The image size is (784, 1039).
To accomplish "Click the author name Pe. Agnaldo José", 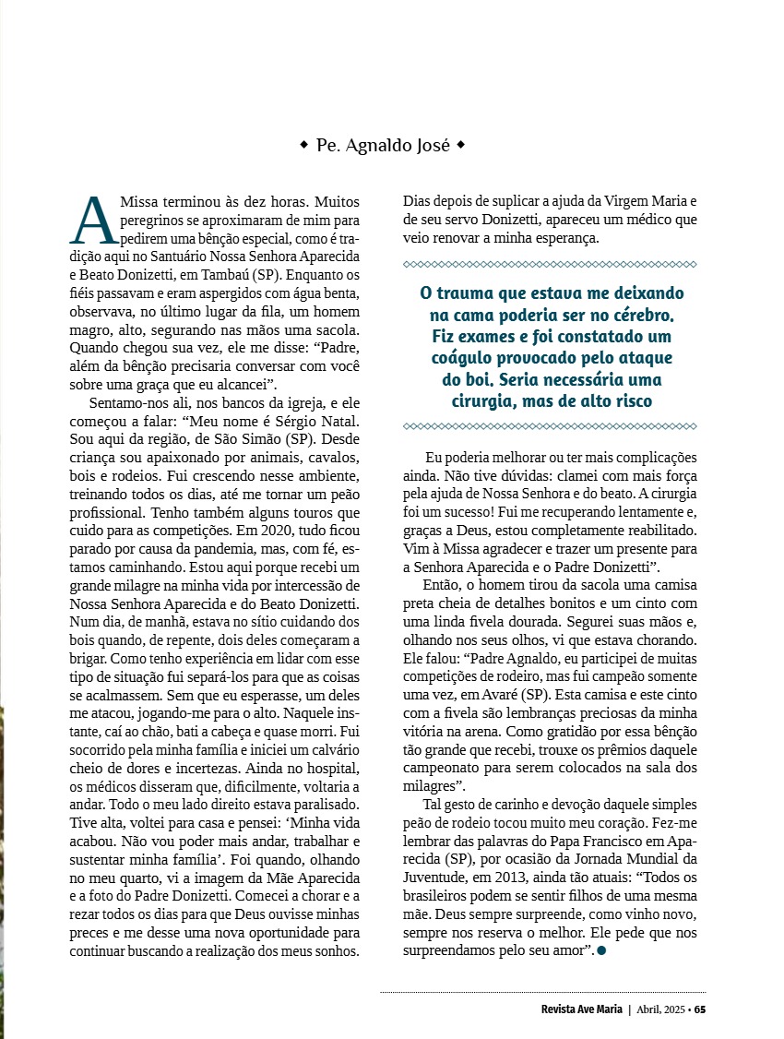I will click(383, 145).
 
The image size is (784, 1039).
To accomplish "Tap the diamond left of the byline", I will click(304, 145).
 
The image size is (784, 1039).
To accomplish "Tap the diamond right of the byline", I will click(461, 145).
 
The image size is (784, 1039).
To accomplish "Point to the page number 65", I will click(700, 1009).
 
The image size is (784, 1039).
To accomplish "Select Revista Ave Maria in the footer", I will click(582, 1009).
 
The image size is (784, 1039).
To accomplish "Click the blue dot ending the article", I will click(601, 951).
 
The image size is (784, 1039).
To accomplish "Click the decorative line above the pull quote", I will click(550, 265).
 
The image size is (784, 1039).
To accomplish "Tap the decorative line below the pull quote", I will click(550, 425).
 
